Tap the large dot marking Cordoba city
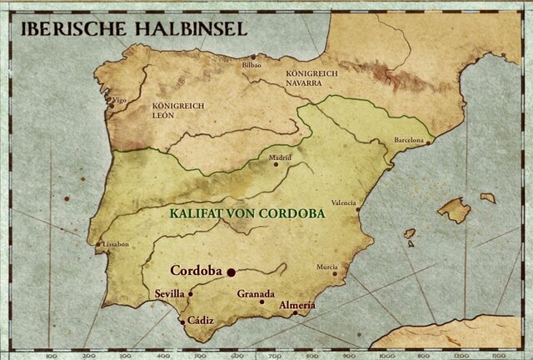[232, 272]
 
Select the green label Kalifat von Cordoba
[247, 212]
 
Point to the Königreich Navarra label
[311, 78]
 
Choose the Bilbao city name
[252, 65]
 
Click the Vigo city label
[120, 100]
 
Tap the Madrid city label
[281, 156]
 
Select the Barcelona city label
[410, 140]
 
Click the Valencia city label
[344, 202]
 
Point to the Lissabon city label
[115, 244]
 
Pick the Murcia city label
[327, 267]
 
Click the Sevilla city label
[170, 294]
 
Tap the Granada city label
[255, 294]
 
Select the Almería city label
[297, 305]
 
